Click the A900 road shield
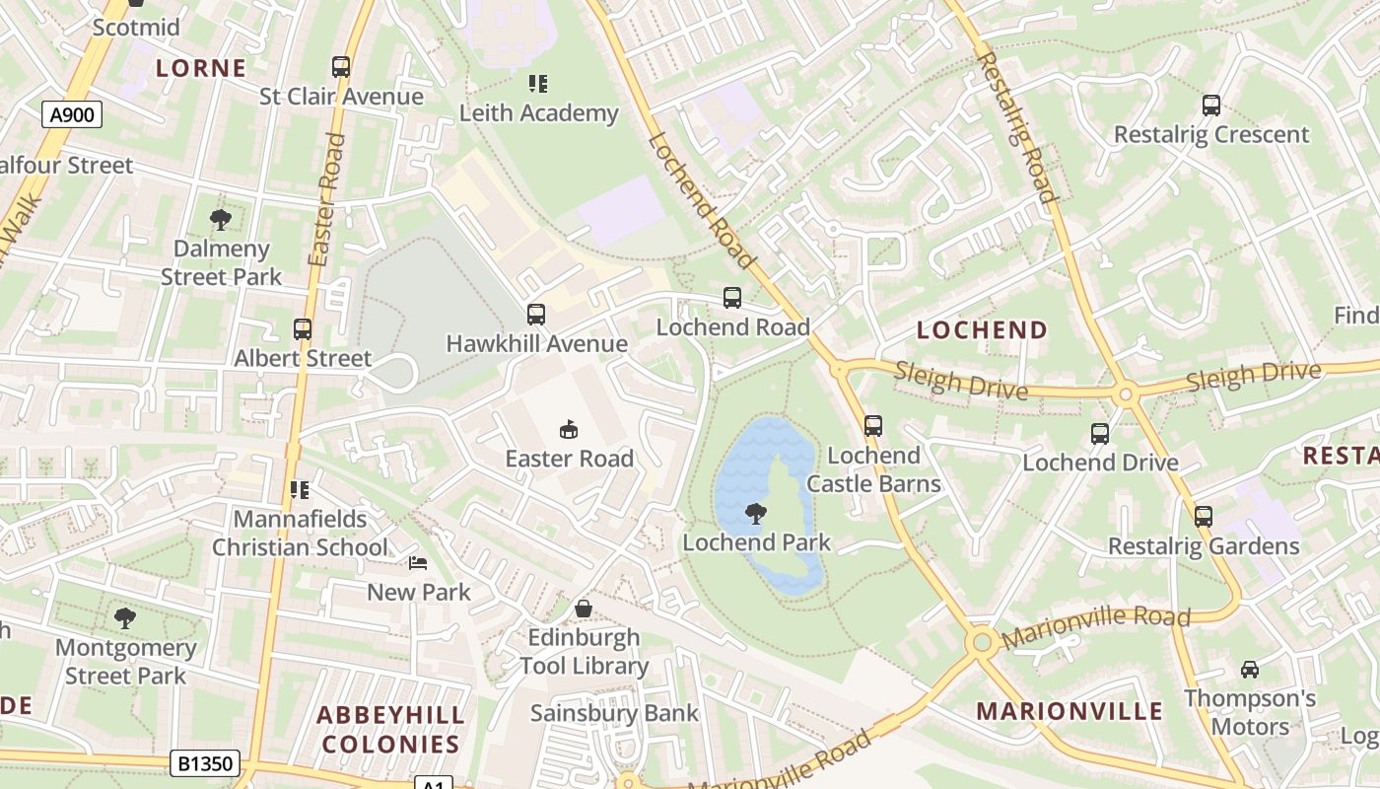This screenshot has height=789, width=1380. [72, 115]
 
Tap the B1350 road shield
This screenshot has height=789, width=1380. [206, 763]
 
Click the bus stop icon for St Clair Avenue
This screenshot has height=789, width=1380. [341, 67]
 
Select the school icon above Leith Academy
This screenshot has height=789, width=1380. [537, 84]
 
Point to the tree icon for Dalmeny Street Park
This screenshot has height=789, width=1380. [221, 220]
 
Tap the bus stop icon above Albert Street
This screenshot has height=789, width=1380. [303, 329]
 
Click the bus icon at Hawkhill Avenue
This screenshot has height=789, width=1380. [536, 315]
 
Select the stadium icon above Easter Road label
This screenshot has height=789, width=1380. [569, 429]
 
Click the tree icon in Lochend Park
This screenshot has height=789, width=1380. [756, 513]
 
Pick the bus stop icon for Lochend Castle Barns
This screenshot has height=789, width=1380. [873, 426]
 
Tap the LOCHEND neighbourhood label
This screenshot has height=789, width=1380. [982, 330]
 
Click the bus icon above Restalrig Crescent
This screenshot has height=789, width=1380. [1211, 106]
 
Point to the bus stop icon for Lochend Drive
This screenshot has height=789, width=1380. [1100, 434]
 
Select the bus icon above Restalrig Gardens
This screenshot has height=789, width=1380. [1204, 517]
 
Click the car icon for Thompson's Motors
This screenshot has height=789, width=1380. [1250, 670]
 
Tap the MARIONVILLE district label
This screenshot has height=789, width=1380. [1069, 711]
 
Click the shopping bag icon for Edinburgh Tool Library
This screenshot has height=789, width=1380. [585, 609]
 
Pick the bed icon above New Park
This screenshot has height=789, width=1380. [419, 563]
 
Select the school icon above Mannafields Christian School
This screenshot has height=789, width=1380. [301, 490]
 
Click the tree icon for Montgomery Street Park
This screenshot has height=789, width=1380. [125, 618]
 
